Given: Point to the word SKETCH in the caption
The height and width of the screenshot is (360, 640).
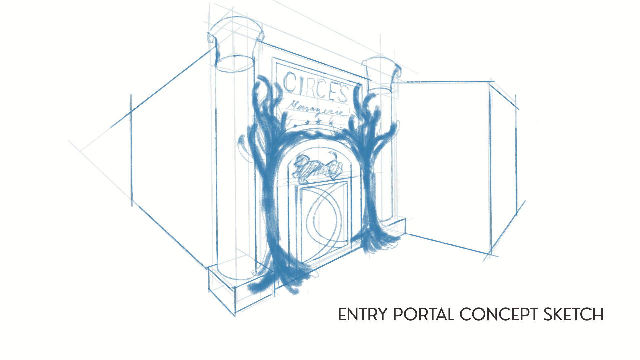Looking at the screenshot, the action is click(574, 314).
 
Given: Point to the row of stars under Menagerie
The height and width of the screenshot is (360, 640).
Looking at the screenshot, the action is click(314, 122).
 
